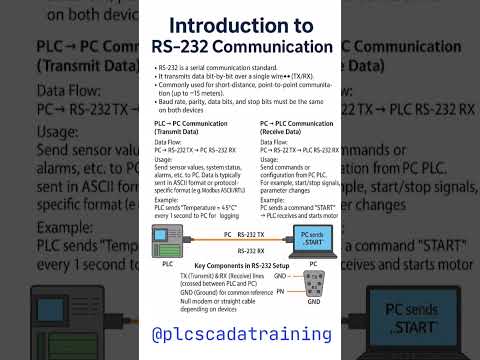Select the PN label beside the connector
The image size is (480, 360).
282,291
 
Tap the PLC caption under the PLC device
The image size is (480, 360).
168,264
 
